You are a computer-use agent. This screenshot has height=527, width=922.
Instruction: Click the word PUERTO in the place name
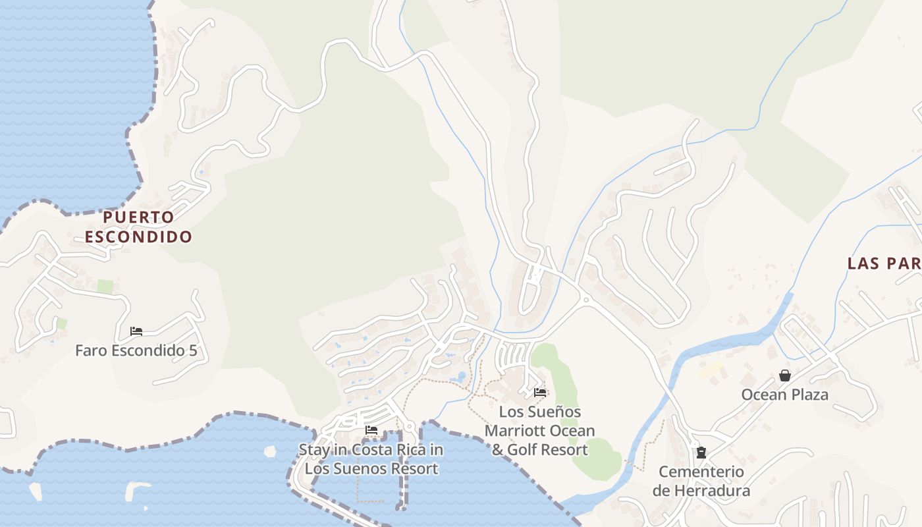(x=138, y=217)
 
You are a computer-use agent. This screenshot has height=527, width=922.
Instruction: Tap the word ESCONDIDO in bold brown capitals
(x=138, y=236)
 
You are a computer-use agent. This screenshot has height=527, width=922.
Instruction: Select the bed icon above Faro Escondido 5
(x=136, y=331)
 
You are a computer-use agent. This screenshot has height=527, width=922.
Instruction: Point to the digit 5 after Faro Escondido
(x=193, y=350)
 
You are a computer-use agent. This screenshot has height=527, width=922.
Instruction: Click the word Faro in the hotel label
(x=90, y=350)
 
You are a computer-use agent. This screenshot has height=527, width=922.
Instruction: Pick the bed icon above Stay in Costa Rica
(x=371, y=430)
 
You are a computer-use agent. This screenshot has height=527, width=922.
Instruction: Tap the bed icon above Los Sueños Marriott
(x=540, y=393)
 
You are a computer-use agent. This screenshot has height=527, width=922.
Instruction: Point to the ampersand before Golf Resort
(x=498, y=450)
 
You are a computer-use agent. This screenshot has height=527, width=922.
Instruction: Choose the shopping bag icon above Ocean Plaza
(x=785, y=375)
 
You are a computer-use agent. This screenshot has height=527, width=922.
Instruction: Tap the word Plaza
(x=809, y=395)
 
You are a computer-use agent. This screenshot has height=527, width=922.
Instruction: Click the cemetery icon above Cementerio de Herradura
(x=701, y=453)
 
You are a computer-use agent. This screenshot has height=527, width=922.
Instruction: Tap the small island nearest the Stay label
(x=269, y=451)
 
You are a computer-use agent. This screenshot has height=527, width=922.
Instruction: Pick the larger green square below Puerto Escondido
(x=105, y=287)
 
